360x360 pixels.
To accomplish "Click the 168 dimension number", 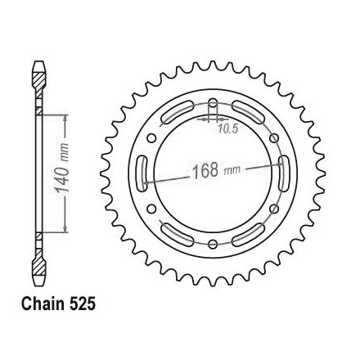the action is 205,171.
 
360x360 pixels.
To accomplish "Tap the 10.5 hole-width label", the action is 228,128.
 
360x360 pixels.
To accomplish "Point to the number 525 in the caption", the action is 83,304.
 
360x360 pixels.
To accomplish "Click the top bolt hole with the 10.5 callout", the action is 213,105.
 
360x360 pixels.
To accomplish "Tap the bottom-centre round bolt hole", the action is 213,244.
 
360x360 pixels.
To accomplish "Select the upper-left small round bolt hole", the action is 151,138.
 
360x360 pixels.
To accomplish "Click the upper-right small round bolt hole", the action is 274,138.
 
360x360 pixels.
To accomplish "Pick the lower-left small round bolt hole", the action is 151,209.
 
